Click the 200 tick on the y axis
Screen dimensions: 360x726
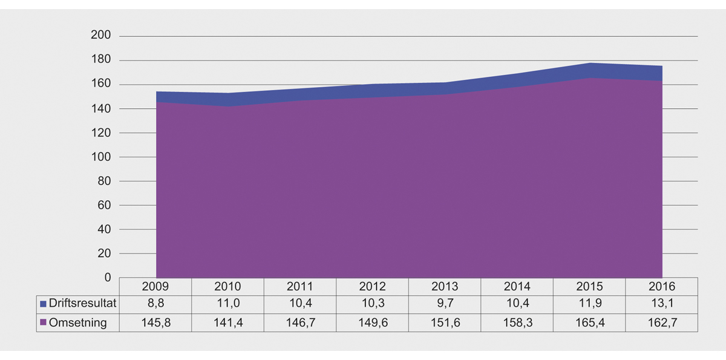101,36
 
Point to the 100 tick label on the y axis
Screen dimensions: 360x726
101,157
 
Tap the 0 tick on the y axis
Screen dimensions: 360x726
108,278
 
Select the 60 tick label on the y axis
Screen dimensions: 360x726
104,206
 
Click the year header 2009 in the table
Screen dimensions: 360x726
156,286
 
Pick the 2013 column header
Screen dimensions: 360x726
445,286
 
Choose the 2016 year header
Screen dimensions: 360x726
661,286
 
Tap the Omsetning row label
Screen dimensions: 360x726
77,322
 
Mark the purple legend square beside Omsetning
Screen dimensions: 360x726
43,323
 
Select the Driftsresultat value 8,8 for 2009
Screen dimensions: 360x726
156,303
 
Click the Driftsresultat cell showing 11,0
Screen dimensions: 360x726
228,303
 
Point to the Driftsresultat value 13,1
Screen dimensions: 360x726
661,303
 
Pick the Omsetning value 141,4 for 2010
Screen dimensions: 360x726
228,322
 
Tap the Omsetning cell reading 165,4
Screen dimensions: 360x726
589,322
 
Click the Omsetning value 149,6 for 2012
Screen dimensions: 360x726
373,322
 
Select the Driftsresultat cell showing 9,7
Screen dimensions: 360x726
445,303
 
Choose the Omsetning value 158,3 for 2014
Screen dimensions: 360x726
517,322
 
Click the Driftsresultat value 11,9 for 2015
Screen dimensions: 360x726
589,303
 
